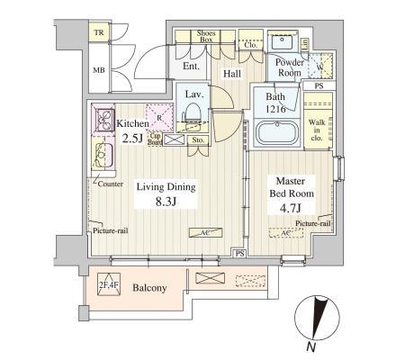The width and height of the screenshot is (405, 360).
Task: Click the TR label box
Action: point(99,32)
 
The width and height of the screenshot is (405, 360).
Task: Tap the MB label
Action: point(99,70)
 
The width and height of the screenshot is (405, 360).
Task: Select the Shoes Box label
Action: point(206,36)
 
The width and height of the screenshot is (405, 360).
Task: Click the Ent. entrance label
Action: point(191,66)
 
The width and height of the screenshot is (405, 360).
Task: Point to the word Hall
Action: point(232,74)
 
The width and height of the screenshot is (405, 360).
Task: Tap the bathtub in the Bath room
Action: point(276,133)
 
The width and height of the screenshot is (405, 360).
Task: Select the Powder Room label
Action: point(289,67)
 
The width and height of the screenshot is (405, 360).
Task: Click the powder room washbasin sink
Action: point(282,40)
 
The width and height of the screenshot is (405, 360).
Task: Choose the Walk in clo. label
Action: point(317,130)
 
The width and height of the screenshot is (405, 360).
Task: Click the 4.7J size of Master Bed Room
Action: point(290,208)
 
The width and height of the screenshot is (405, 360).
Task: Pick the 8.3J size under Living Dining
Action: point(166,202)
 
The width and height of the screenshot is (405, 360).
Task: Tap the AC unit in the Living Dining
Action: point(205,232)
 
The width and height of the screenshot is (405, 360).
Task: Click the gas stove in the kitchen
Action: point(104,120)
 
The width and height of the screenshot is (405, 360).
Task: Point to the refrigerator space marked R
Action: point(159,118)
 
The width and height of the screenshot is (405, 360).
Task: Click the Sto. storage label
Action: point(198,140)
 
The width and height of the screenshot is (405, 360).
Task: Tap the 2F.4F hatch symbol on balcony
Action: point(109,284)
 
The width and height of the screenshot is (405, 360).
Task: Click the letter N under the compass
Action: point(311,346)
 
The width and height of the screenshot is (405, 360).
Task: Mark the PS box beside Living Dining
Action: point(239,254)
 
